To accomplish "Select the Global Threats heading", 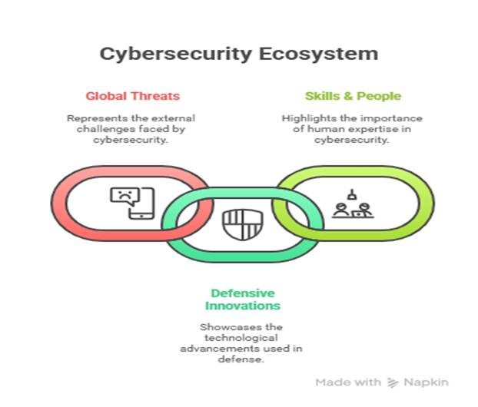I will pyautogui.click(x=132, y=97).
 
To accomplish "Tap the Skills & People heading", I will pyautogui.click(x=353, y=97).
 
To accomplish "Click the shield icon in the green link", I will pyautogui.click(x=237, y=223).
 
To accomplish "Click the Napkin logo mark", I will pyautogui.click(x=393, y=382).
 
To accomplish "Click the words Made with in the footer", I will pyautogui.click(x=348, y=382).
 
